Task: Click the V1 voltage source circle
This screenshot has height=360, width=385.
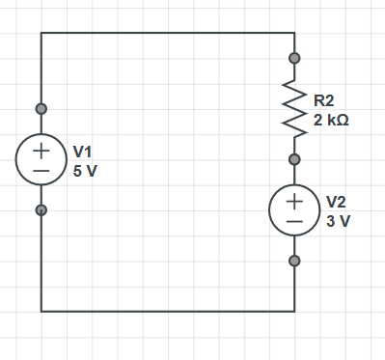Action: tap(16, 159)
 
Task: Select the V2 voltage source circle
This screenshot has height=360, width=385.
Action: tap(269, 210)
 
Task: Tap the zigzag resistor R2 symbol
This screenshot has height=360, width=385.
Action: tap(294, 109)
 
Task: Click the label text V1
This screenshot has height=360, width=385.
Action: tap(82, 152)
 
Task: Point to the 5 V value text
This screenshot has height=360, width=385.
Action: tap(85, 171)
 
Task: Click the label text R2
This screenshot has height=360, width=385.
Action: tap(324, 100)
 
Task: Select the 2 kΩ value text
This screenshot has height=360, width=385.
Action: tap(331, 120)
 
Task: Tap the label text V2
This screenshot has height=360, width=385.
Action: tap(336, 202)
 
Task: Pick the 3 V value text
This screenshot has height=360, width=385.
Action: tap(339, 221)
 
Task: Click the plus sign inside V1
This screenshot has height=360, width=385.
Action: tap(41, 151)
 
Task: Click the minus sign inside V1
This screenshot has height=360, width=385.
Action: tap(41, 171)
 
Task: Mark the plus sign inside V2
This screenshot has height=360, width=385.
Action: tap(294, 201)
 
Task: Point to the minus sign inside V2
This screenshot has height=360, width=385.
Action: tap(294, 221)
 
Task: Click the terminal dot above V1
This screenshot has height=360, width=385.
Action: tap(41, 109)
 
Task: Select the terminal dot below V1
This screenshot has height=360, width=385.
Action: tap(41, 210)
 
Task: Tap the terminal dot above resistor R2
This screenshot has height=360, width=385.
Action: tap(294, 58)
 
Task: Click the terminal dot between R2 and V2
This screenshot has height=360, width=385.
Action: tap(294, 159)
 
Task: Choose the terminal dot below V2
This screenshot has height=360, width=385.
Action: tap(294, 261)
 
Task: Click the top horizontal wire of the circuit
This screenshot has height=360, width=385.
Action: tap(168, 33)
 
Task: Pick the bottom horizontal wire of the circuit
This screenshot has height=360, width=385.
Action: tap(168, 312)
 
